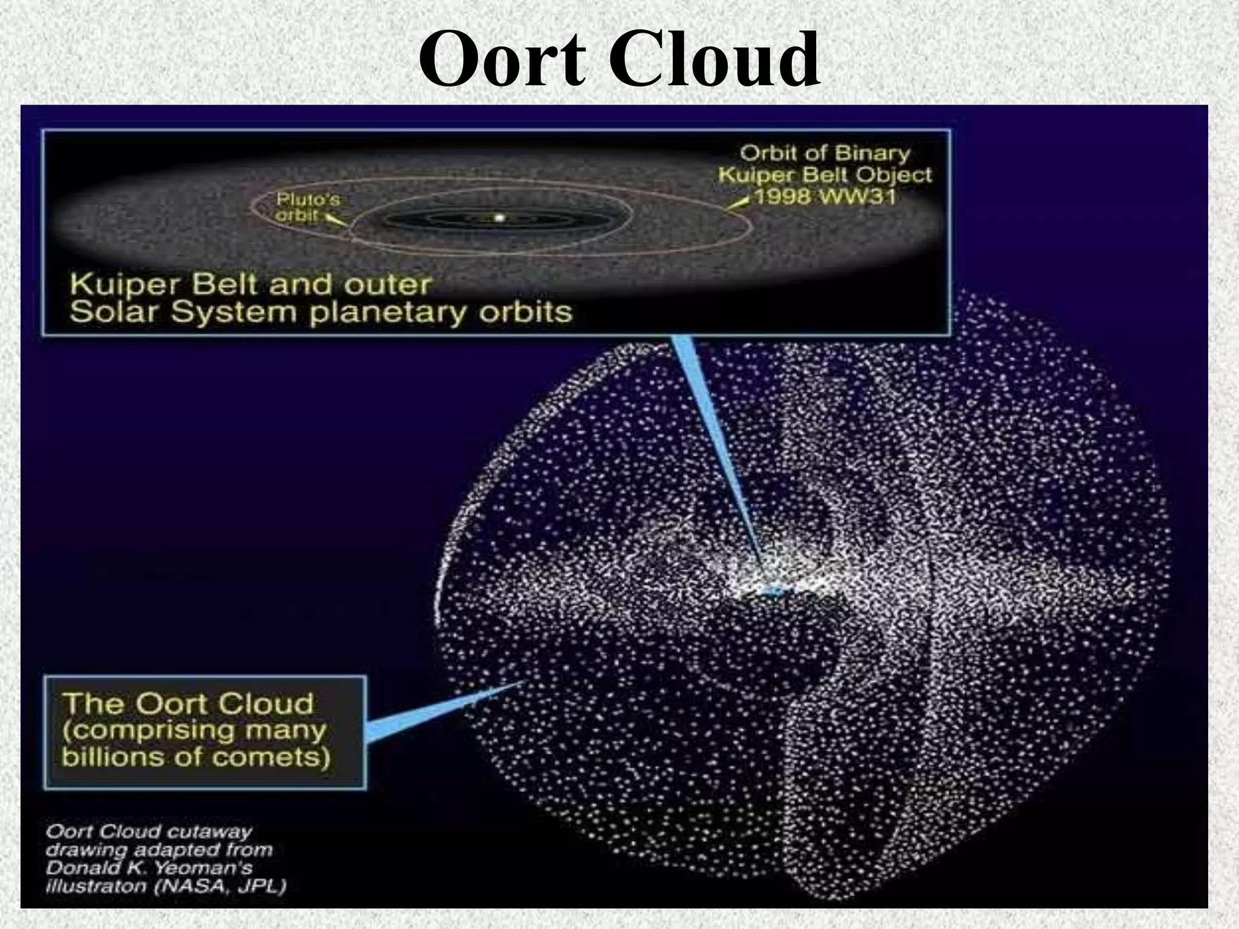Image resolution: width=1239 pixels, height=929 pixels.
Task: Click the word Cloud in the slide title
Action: [x=714, y=60]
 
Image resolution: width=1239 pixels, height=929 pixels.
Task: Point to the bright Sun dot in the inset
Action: [x=499, y=218]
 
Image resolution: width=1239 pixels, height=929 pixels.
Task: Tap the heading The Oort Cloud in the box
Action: [x=188, y=703]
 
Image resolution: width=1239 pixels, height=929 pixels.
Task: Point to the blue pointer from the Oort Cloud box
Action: [x=436, y=714]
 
